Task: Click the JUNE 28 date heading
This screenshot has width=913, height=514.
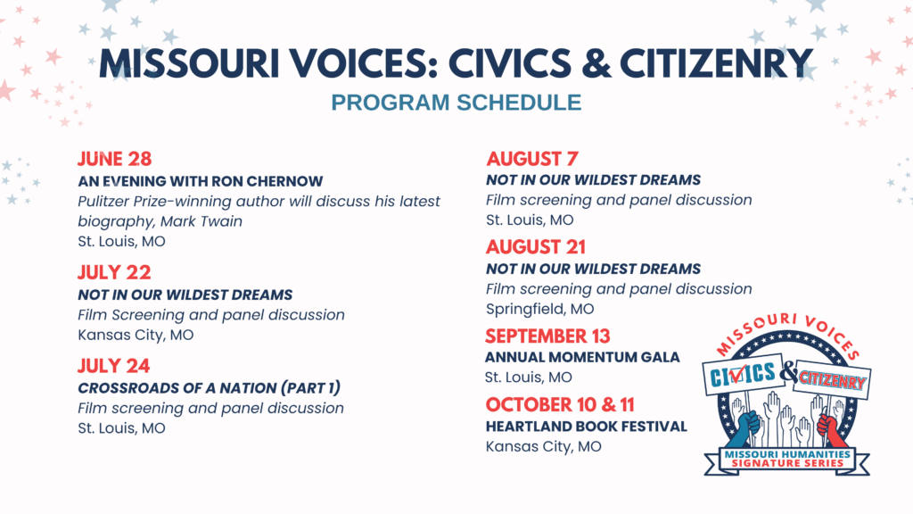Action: click(115, 159)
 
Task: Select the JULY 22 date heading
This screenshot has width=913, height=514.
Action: click(114, 272)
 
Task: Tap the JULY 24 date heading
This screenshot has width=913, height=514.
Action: click(113, 365)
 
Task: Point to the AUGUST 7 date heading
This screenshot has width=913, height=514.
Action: click(532, 159)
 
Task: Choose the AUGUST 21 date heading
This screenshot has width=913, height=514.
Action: click(536, 247)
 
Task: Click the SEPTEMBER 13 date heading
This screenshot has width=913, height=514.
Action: click(547, 336)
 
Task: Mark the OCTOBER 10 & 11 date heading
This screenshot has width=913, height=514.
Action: click(560, 404)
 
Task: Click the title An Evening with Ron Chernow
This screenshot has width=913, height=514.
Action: click(201, 181)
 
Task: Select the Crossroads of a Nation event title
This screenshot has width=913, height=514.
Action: click(209, 388)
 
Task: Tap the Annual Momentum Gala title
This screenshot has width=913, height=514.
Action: click(582, 357)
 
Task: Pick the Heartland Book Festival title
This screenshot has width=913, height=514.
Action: click(587, 427)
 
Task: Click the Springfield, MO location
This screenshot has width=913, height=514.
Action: click(539, 309)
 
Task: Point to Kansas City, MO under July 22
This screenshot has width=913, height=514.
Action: click(136, 336)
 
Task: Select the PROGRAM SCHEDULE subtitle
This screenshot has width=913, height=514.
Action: click(456, 103)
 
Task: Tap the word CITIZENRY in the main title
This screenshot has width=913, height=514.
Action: click(716, 63)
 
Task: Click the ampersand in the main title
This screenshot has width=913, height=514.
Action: click(596, 63)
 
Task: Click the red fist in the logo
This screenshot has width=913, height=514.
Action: click(830, 429)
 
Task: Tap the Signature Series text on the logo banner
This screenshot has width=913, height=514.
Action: click(787, 463)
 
